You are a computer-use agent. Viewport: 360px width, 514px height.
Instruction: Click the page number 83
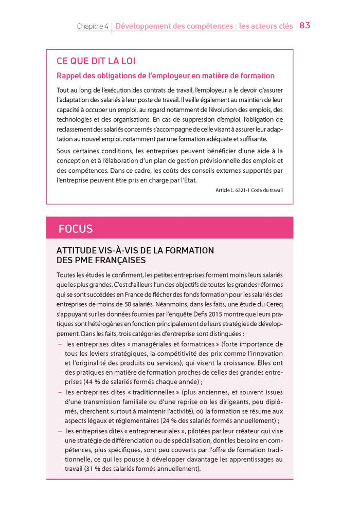304,25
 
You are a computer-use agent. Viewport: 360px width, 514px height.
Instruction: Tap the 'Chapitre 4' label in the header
93,26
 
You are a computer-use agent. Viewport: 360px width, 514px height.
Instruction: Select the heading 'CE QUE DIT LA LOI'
96,61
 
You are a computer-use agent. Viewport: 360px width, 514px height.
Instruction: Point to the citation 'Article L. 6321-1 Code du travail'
249,190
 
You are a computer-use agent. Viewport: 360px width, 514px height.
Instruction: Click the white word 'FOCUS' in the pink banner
76,228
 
